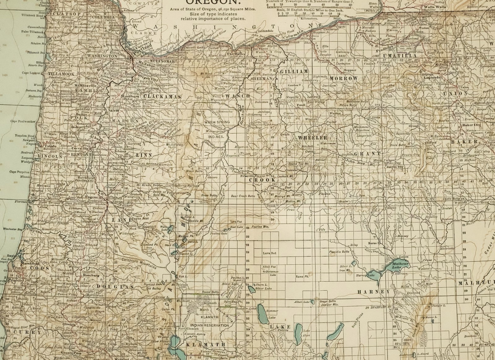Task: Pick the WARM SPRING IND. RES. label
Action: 216,127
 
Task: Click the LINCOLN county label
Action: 52,157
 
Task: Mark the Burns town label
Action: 372,243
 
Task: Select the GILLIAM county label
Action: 294,72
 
